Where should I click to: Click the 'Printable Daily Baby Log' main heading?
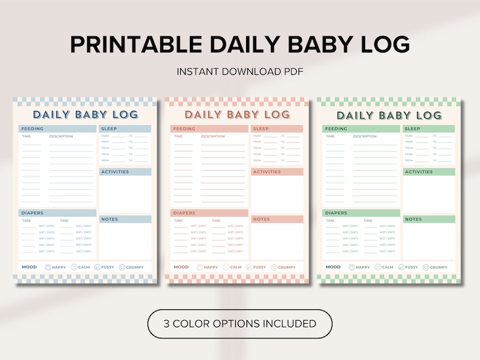tap(240, 44)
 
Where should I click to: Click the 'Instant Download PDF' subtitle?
tap(240, 71)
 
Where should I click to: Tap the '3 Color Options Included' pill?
tap(240, 324)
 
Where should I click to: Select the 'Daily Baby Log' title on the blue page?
tap(85, 114)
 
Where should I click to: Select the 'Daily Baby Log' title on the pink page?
tap(237, 114)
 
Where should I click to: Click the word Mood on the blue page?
tap(29, 266)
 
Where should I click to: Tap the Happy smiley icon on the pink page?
tap(199, 267)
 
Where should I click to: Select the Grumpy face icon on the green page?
tap(426, 267)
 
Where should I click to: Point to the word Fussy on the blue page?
tap(107, 267)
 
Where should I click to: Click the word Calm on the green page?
tap(388, 267)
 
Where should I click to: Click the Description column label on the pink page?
tap(213, 137)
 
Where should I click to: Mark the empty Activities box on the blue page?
tap(125, 193)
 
